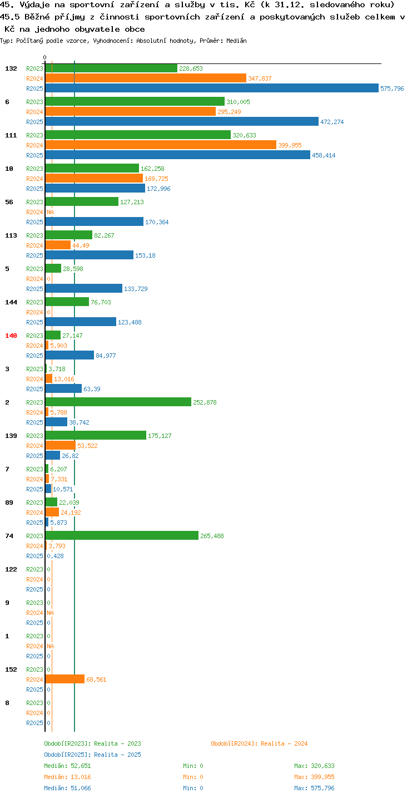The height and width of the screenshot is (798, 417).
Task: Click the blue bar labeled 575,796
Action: (x=212, y=88)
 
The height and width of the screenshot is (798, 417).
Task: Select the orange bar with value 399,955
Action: (x=161, y=145)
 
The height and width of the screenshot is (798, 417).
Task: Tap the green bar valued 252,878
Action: (x=118, y=402)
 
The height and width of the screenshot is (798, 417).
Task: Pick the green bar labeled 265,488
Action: (x=122, y=535)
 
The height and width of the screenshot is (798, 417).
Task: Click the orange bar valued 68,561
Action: (x=64, y=679)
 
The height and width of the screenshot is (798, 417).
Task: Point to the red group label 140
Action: (x=11, y=336)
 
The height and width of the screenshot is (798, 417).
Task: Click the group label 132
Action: (x=11, y=68)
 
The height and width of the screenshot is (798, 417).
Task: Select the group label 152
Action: (x=11, y=669)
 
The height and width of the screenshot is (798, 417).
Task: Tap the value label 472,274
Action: (x=332, y=122)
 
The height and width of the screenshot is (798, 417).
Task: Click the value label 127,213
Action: (x=132, y=202)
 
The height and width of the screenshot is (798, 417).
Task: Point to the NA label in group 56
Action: (x=50, y=212)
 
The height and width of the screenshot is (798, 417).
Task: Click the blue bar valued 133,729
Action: (x=83, y=288)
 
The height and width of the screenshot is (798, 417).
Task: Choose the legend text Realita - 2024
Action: (x=284, y=743)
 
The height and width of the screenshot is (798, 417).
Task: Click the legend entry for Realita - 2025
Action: (x=92, y=755)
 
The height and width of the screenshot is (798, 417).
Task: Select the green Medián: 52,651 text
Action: (x=68, y=766)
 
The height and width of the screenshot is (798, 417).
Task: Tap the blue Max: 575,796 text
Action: (x=314, y=788)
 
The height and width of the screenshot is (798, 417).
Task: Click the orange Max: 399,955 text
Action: (x=314, y=777)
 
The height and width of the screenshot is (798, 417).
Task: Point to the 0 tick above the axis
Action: (x=45, y=57)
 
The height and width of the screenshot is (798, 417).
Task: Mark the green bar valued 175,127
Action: (x=96, y=435)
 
